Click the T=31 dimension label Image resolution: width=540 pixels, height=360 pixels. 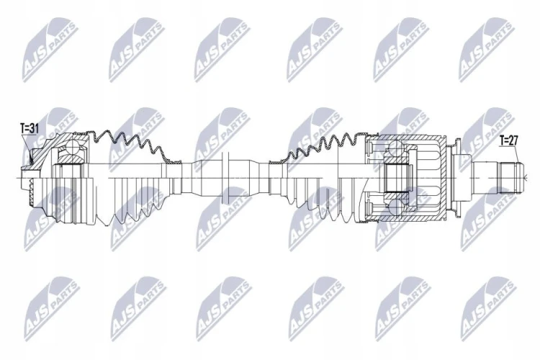click(30, 129)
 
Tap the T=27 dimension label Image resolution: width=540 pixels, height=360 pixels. click(509, 140)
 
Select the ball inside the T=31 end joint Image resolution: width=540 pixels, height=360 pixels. click(73, 148)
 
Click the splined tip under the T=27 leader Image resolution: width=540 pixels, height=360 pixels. click(510, 178)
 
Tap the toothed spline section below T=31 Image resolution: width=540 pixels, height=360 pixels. click(31, 193)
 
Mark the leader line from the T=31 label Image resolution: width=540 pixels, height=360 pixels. click(27, 149)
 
